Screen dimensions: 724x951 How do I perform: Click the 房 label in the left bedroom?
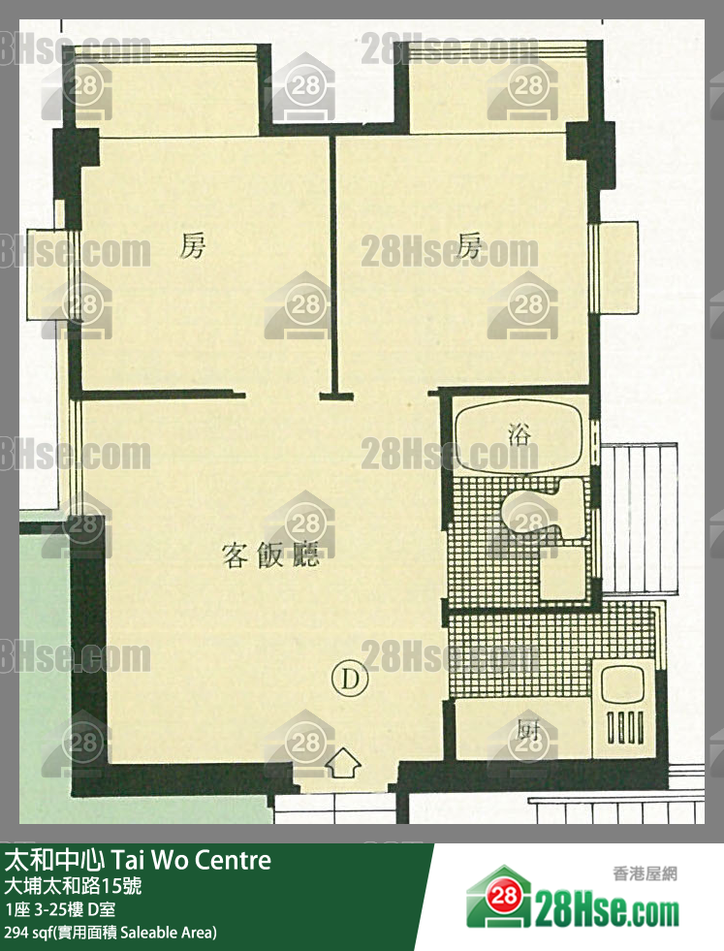[193, 246]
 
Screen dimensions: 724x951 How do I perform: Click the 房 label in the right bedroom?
[470, 245]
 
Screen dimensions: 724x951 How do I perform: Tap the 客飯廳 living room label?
[270, 555]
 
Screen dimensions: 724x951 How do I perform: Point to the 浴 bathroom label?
[519, 434]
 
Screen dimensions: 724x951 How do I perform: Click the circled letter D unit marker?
[350, 679]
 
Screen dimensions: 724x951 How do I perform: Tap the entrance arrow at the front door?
[343, 764]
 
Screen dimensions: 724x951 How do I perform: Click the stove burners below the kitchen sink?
[624, 727]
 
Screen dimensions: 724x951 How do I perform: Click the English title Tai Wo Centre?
[190, 860]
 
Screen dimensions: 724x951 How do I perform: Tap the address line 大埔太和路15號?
[73, 886]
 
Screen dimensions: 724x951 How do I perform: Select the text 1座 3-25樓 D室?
[59, 909]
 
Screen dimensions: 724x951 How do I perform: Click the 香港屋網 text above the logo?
[645, 873]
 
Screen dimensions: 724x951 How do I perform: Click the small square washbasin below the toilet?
[563, 573]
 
